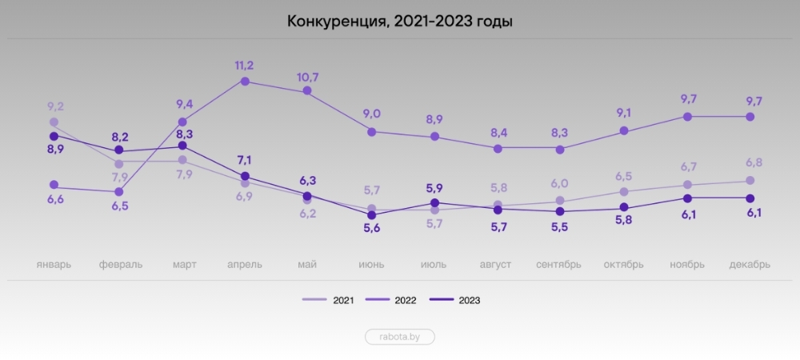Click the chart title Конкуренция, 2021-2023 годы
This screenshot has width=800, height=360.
399,22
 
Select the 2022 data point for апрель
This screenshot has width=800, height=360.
245,81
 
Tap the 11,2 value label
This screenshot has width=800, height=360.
245,65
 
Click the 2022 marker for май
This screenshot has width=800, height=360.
307,92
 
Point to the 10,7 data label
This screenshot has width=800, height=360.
307,77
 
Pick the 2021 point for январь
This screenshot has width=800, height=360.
54,122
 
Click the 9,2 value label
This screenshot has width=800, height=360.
54,106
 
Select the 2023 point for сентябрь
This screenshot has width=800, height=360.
560,211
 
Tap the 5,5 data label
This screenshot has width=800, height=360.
560,228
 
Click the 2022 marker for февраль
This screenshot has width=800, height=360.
118,192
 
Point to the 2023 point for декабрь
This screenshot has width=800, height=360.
750,198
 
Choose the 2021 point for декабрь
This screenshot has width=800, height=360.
750,181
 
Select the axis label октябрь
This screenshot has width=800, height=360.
623,265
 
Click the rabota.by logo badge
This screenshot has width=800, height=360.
400,337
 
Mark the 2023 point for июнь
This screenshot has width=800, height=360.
371,215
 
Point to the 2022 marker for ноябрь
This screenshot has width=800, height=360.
686,117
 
